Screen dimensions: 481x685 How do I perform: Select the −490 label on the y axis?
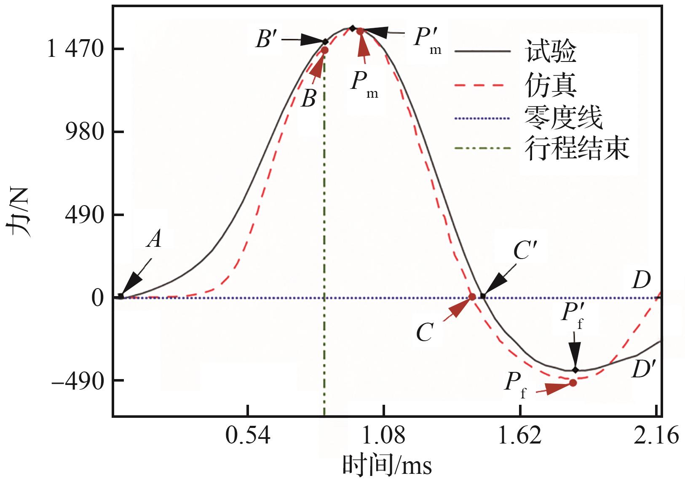coord(78,381)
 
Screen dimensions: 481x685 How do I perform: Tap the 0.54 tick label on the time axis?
coord(248,435)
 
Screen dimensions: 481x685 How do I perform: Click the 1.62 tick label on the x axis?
coord(520,435)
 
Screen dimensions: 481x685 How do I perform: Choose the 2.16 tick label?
coord(656,435)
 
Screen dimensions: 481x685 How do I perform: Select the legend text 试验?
coord(550,51)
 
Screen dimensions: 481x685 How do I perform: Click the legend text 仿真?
coord(550,85)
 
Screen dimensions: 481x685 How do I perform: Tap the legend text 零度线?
coord(563,118)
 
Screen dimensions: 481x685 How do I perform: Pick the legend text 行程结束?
coord(577,148)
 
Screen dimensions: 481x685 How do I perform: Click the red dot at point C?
coord(472,297)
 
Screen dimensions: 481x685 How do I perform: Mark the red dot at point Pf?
coord(573,383)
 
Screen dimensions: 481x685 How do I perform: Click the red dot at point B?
coord(324,50)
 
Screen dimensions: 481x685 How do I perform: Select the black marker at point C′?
coord(483,297)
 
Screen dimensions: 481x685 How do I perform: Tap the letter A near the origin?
coord(155,239)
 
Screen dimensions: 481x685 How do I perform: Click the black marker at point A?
coord(121,297)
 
